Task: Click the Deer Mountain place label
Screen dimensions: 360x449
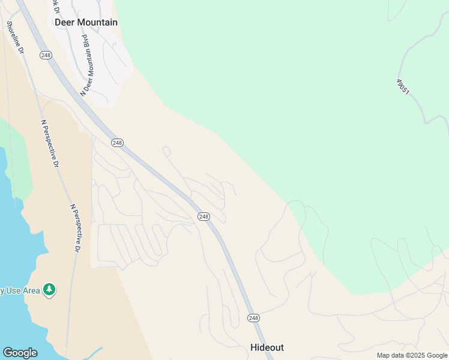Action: click(86, 22)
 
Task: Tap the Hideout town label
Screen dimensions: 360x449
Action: click(267, 347)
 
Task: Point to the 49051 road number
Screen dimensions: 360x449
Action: click(403, 86)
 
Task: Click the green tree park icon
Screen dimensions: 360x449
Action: click(49, 290)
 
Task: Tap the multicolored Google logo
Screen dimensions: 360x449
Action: click(20, 353)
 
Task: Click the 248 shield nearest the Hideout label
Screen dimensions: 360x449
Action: click(253, 317)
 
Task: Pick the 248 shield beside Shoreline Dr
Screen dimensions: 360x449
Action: click(46, 55)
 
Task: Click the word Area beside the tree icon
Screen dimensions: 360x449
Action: click(31, 291)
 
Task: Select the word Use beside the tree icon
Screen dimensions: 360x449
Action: click(12, 291)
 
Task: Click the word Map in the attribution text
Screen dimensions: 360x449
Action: click(383, 356)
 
